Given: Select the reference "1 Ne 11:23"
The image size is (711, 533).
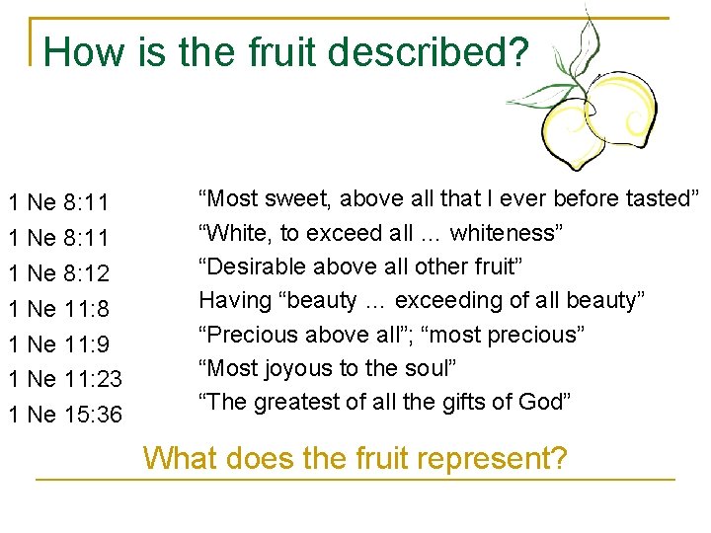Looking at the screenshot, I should click(x=63, y=379).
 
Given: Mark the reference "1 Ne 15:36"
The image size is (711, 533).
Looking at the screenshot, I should click(x=63, y=415).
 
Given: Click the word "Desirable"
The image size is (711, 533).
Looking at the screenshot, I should click(x=252, y=266).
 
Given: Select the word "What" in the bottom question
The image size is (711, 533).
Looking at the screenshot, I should click(x=181, y=459).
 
